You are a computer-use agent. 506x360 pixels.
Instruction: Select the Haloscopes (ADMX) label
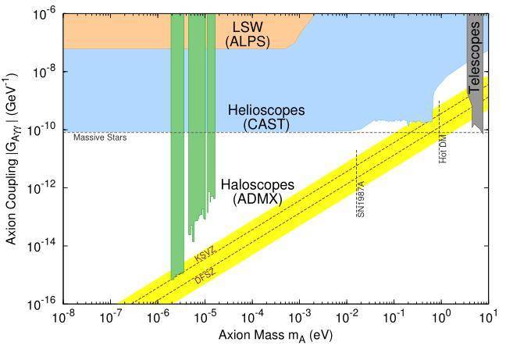click(257, 192)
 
